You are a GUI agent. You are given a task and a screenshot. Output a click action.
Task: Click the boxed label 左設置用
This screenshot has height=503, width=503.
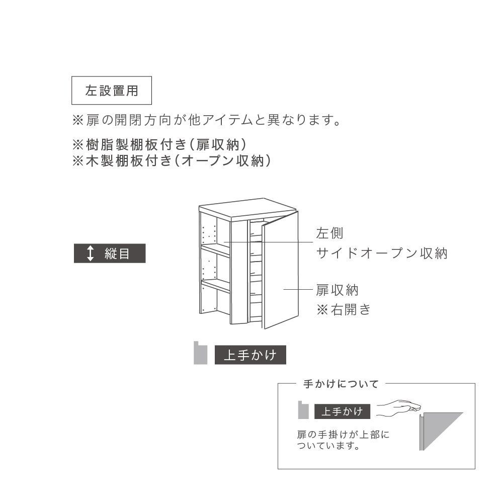112,91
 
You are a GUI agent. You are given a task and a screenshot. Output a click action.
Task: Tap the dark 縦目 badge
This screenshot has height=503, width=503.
110,254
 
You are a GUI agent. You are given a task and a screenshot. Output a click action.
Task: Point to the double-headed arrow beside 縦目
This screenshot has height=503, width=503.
91,254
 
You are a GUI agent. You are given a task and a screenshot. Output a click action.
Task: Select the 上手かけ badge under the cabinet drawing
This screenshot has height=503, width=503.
250,355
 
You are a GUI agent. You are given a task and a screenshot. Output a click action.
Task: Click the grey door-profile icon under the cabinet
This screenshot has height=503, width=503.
201,353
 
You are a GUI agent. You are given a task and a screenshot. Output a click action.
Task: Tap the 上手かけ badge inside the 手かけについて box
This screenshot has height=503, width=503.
342,411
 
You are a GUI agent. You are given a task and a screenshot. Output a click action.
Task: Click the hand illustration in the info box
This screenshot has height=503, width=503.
398,408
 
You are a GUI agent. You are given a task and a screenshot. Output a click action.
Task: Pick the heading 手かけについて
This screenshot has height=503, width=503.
341,384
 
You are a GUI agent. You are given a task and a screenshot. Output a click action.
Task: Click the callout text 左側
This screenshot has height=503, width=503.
330,233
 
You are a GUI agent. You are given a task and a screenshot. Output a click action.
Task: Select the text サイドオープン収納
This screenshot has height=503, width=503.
382,254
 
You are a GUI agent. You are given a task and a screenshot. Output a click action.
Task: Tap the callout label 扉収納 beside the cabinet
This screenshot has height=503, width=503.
337,290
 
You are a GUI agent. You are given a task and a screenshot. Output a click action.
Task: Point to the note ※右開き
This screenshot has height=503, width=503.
344,309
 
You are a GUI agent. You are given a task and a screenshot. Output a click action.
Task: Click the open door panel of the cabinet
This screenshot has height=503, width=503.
280,270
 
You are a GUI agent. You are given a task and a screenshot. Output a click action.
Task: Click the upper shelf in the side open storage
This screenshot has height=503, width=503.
216,249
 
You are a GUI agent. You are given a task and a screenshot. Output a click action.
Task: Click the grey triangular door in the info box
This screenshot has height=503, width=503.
442,431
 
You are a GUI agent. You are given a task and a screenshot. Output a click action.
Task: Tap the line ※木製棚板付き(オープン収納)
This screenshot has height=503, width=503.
172,161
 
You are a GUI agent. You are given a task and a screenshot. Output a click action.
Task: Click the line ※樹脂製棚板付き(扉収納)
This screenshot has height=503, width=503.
160,145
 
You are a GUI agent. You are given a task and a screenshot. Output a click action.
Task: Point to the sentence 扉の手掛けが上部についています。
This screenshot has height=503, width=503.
343,440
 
